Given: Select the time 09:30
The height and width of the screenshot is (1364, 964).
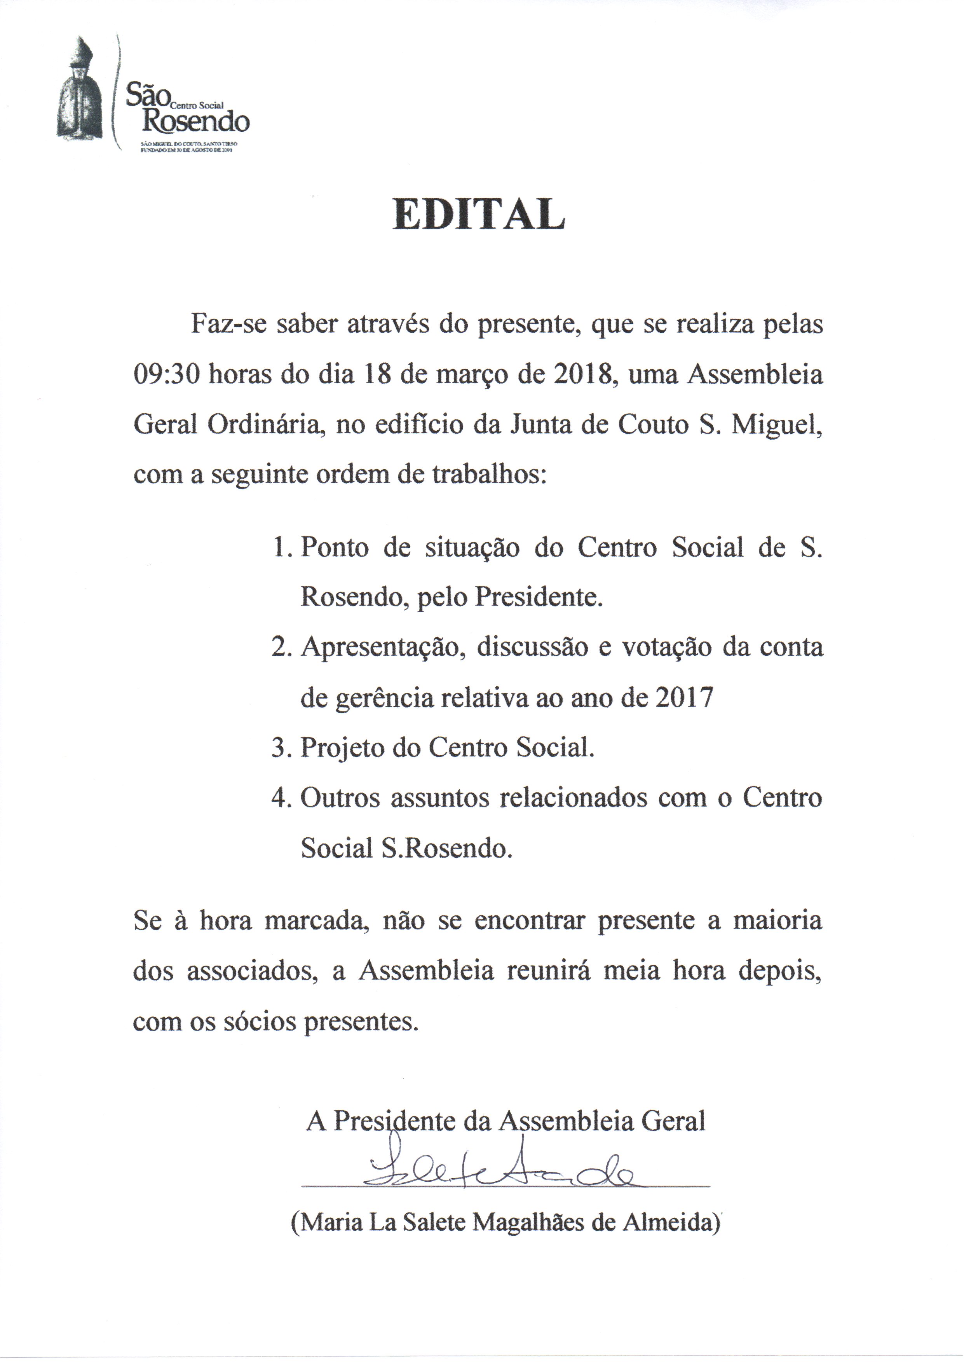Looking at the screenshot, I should pos(165,376).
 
